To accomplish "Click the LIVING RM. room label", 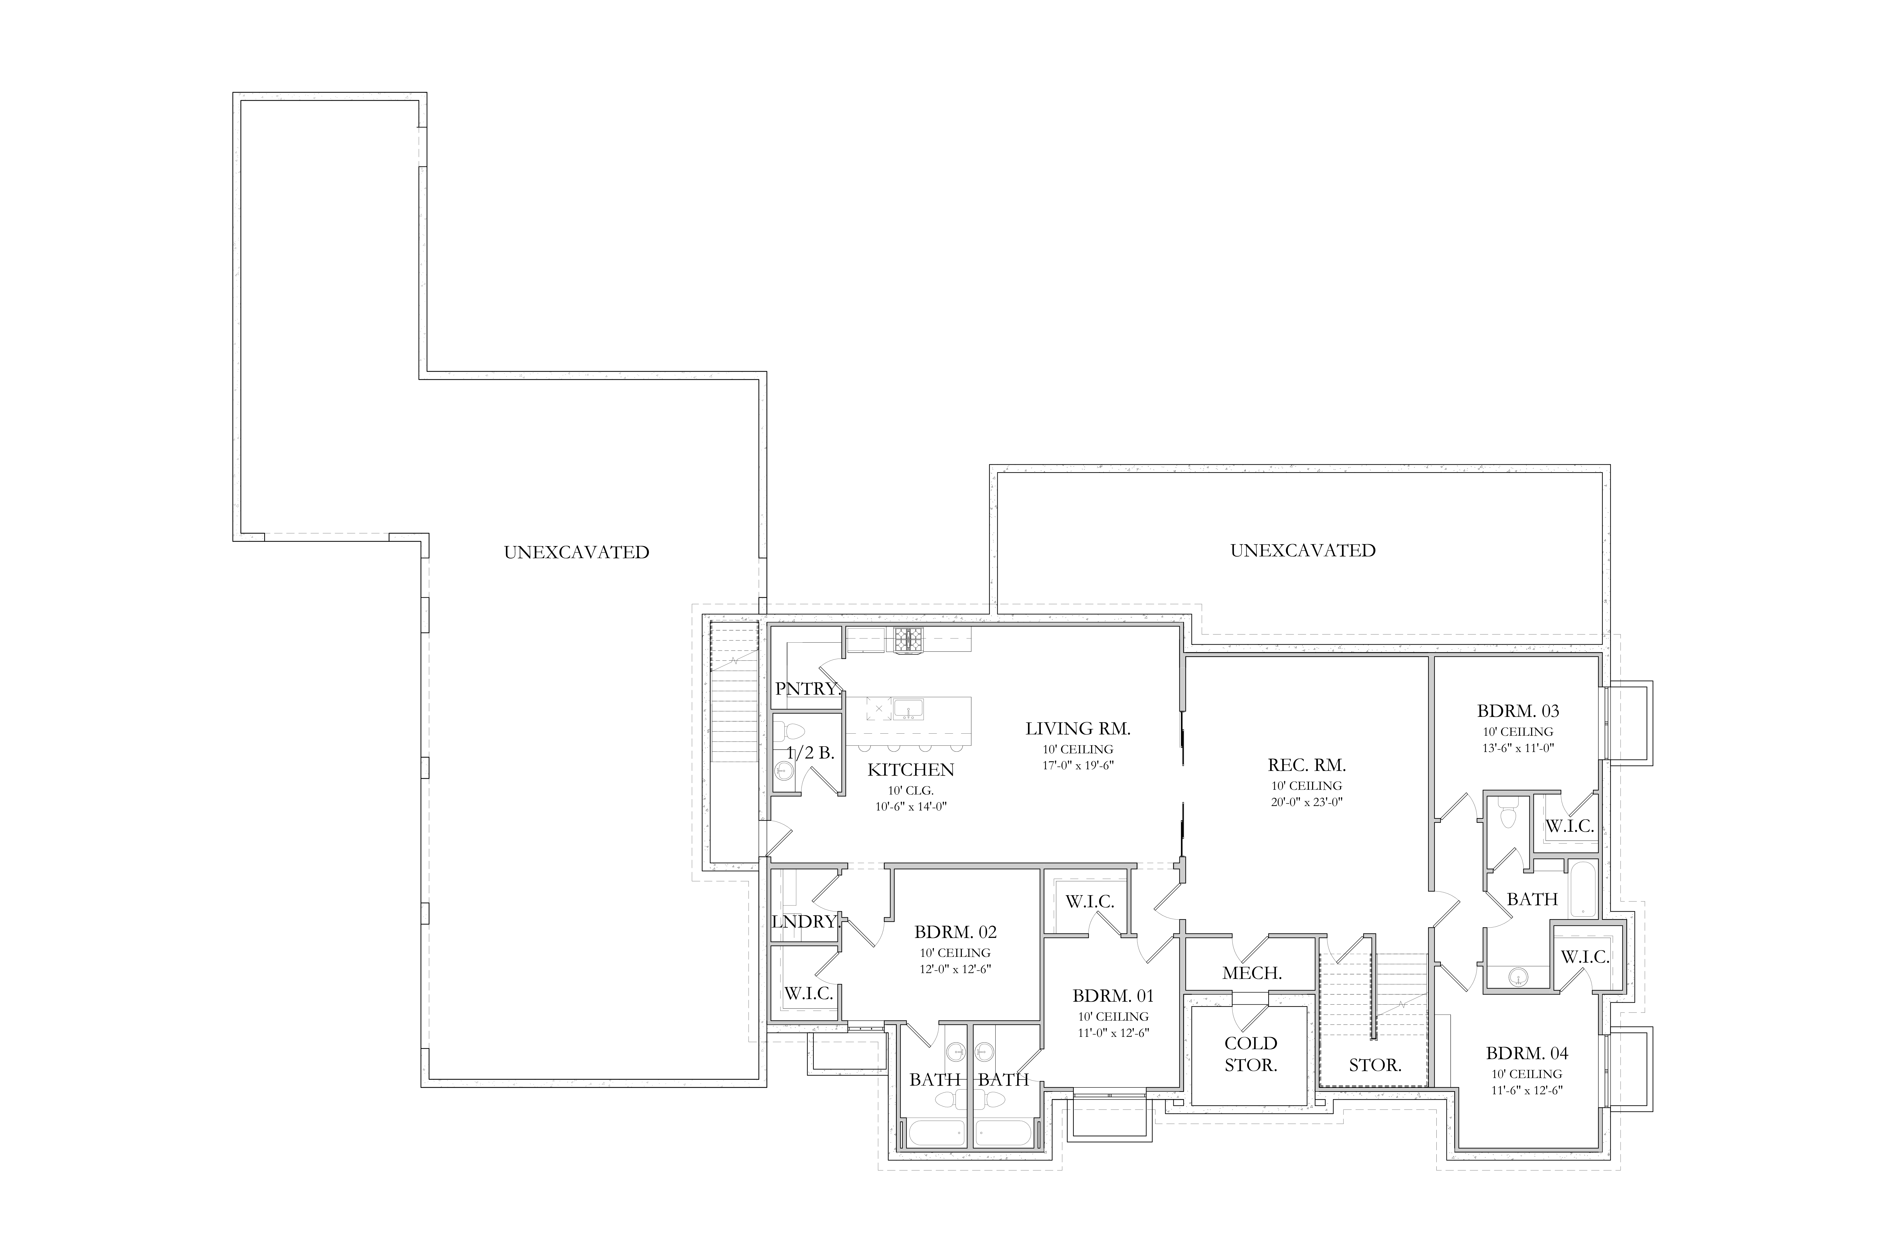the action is tap(1078, 729).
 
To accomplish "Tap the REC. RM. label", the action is tap(1307, 765).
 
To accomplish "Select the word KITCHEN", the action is tap(911, 770).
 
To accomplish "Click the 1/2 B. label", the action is tap(810, 753).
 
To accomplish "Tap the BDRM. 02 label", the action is tap(956, 932).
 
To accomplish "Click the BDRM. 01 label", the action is tap(1113, 996).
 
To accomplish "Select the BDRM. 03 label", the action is tap(1518, 711).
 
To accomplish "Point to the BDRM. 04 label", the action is tap(1527, 1053).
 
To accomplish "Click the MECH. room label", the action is tap(1252, 974).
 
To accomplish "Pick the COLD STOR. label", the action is tap(1250, 1054).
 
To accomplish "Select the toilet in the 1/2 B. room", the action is tap(791, 732).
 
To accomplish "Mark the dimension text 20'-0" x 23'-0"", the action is tap(1307, 801).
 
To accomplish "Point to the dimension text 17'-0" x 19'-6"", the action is tap(1078, 765).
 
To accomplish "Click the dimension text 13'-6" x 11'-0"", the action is tap(1518, 748).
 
